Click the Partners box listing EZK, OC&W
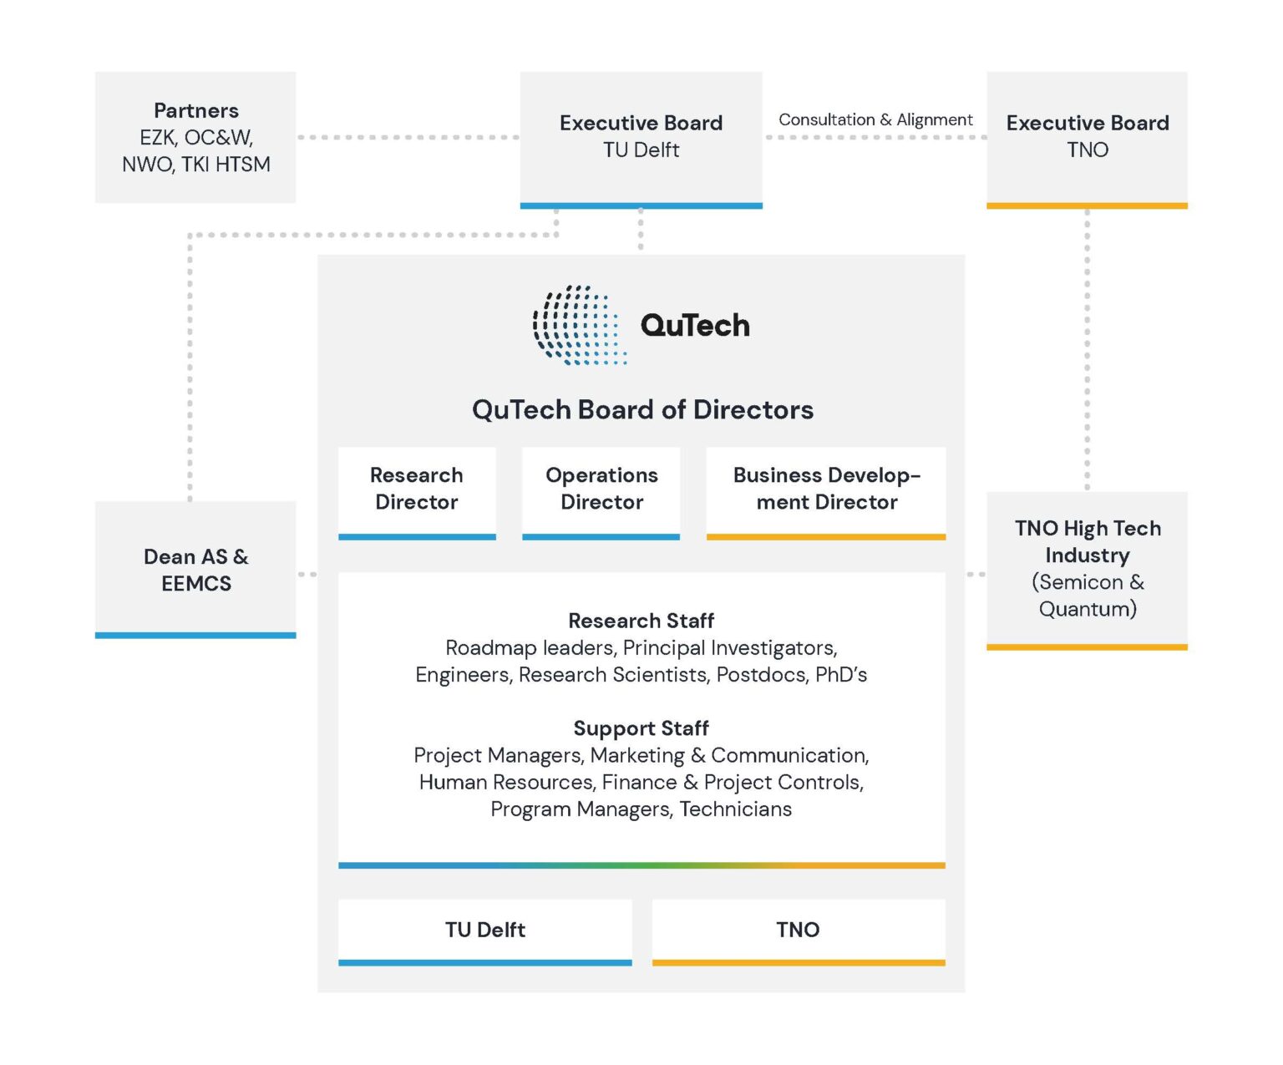[195, 137]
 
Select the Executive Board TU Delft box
[641, 137]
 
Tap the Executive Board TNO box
[1087, 137]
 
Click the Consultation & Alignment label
[875, 119]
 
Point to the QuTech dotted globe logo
[579, 326]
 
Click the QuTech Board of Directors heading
[641, 409]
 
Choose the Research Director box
[417, 489]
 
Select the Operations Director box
[601, 489]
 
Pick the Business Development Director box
[826, 489]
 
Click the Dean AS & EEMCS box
[195, 570]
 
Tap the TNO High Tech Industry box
[1087, 568]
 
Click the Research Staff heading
[641, 621]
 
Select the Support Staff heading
[641, 728]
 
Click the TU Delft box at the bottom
[484, 930]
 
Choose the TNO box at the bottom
[798, 930]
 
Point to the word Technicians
[735, 809]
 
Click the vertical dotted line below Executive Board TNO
[1087, 351]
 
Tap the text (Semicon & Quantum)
[1087, 596]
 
